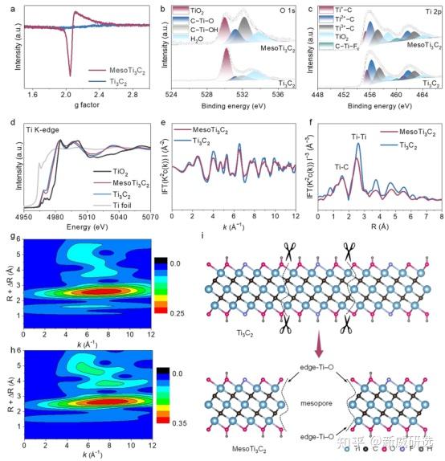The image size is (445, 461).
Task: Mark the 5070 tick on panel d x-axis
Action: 141,216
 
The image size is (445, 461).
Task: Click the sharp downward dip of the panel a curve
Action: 70,74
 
